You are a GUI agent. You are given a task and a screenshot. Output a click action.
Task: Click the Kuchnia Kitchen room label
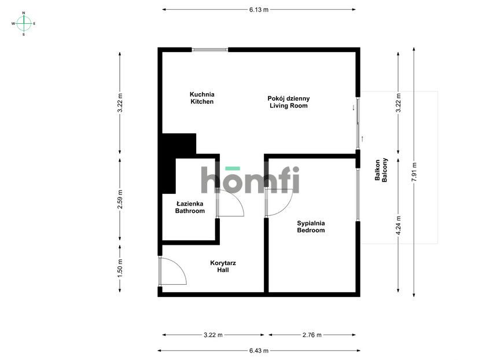(202, 98)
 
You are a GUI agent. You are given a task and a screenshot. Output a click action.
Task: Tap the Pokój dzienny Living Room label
(289, 102)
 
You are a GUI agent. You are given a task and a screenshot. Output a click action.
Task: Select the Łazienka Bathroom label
(190, 207)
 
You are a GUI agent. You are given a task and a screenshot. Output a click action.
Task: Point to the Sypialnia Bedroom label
(311, 227)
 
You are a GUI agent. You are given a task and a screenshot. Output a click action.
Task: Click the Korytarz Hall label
(223, 266)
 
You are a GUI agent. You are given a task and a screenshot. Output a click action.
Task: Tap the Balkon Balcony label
(381, 170)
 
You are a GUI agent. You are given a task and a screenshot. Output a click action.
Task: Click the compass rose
(24, 24)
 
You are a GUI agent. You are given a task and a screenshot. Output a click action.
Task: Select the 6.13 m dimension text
(259, 10)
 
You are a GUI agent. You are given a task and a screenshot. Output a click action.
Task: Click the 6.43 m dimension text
(259, 351)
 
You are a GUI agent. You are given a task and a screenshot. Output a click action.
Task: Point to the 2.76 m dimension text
(312, 335)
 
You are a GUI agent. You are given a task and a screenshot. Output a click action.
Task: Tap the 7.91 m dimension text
(414, 172)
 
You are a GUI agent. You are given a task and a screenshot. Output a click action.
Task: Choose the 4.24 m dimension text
(399, 225)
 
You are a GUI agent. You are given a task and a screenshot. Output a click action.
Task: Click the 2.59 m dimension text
(120, 199)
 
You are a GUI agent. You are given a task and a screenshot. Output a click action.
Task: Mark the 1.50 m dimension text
(120, 267)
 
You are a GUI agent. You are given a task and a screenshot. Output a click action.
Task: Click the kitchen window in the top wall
(210, 50)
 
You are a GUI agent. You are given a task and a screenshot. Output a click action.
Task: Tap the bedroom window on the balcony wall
(358, 194)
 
